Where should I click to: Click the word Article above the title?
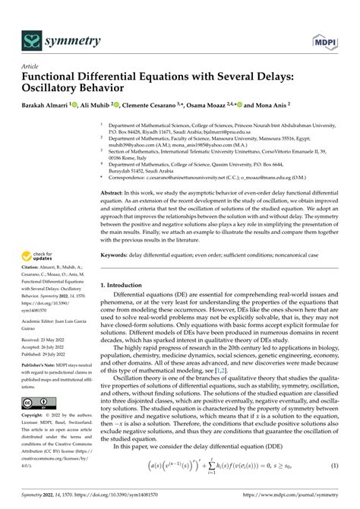31,66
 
